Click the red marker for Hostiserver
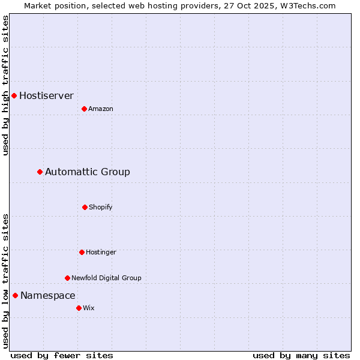click(14, 95)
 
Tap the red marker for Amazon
click(84, 109)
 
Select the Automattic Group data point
click(40, 172)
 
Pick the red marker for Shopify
click(85, 207)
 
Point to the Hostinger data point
click(82, 252)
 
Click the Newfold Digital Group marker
click(67, 278)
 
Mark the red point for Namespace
click(15, 295)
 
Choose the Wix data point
click(79, 308)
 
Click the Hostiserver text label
click(46, 95)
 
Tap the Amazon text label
click(101, 109)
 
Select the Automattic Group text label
click(88, 172)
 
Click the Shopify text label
click(101, 207)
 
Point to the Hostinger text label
click(101, 252)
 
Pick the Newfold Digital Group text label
click(106, 278)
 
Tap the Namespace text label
click(48, 295)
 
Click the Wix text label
click(89, 308)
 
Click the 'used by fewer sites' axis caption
click(62, 355)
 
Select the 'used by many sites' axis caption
click(301, 355)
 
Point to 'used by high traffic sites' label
click(5, 85)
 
